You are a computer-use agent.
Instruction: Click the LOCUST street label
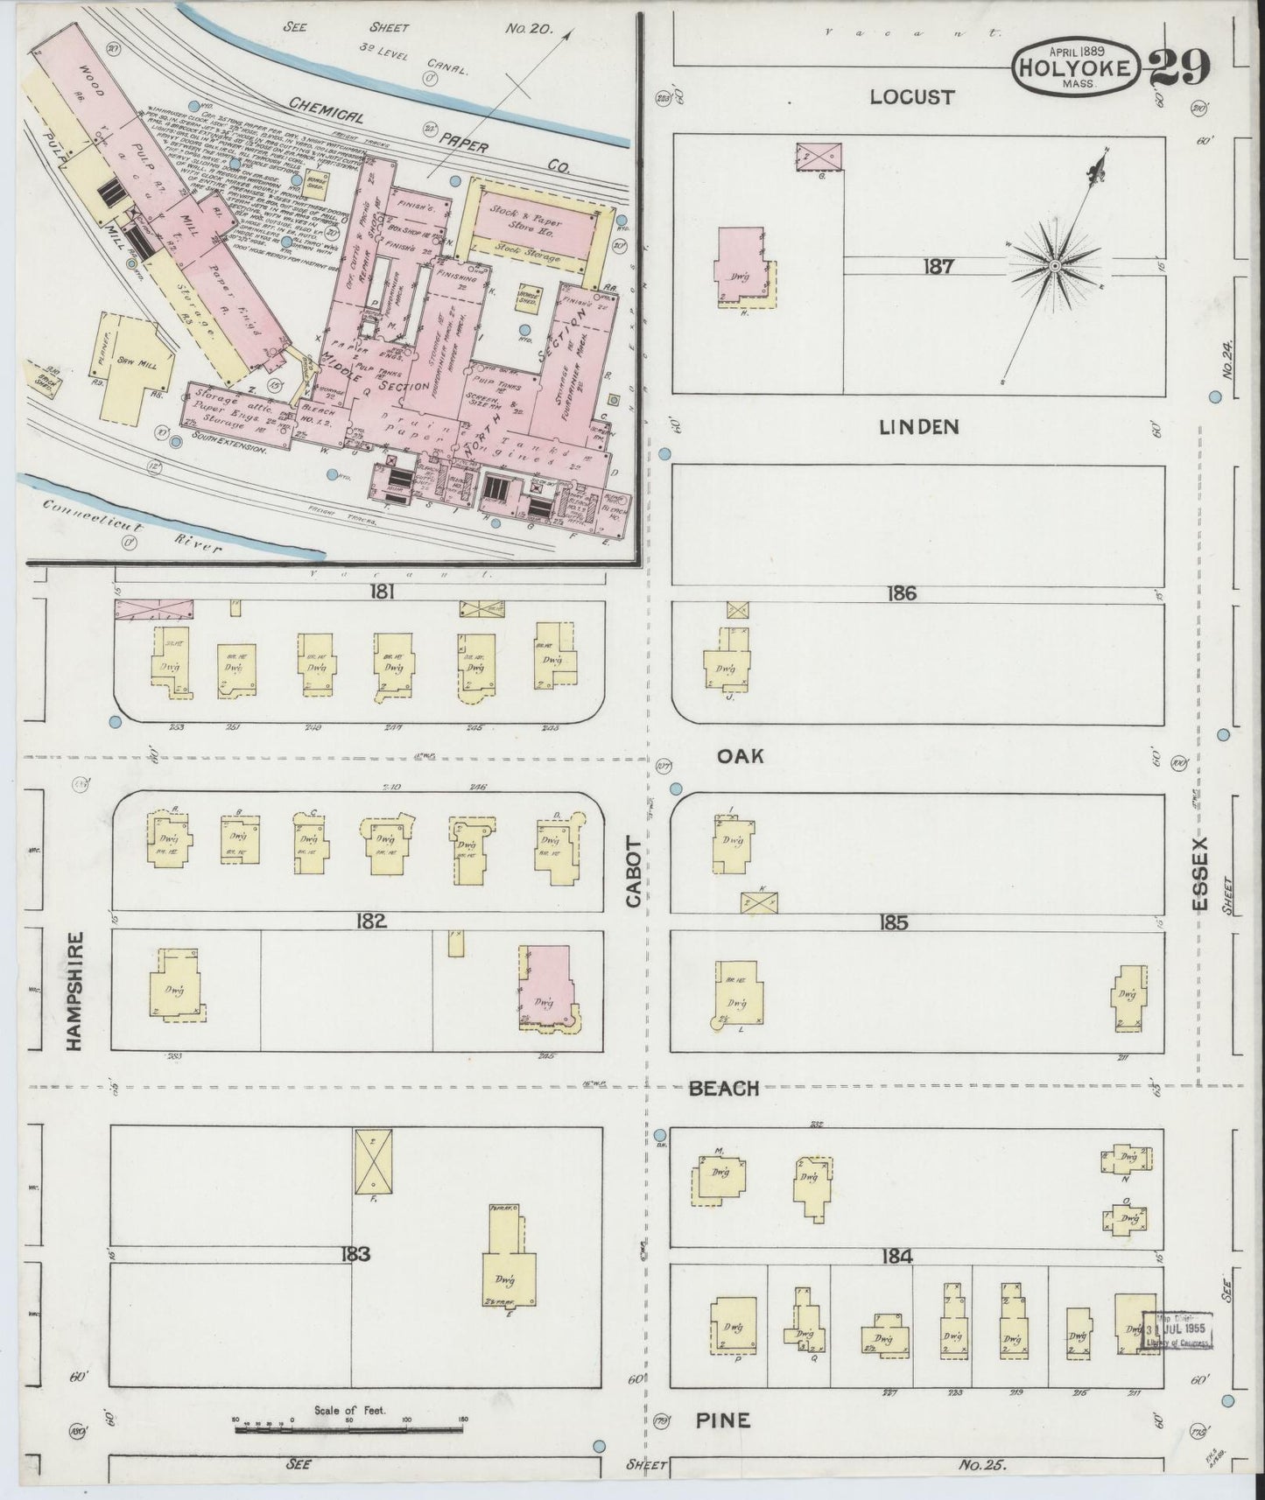910,97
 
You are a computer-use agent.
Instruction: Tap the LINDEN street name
919,427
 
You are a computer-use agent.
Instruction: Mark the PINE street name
723,1419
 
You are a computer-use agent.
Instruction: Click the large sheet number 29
1179,67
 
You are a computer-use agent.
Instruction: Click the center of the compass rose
1055,264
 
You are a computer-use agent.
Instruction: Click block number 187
938,267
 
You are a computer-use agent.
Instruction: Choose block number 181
383,592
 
